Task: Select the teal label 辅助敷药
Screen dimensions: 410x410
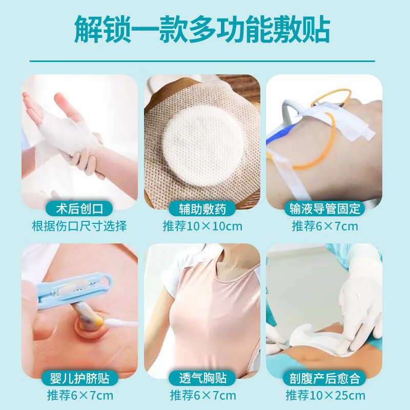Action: pyautogui.click(x=202, y=209)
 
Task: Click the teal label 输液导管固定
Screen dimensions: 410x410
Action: pyautogui.click(x=324, y=209)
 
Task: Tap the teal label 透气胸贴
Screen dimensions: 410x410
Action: pyautogui.click(x=202, y=379)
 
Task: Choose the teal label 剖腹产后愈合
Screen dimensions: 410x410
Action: pyautogui.click(x=324, y=379)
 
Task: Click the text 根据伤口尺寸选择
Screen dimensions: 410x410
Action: pyautogui.click(x=79, y=225)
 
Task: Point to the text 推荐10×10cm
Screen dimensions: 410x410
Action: pyautogui.click(x=202, y=226)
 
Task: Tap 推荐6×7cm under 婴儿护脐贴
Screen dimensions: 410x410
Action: pyautogui.click(x=79, y=396)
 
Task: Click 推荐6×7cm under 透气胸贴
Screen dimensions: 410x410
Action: pyautogui.click(x=202, y=396)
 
